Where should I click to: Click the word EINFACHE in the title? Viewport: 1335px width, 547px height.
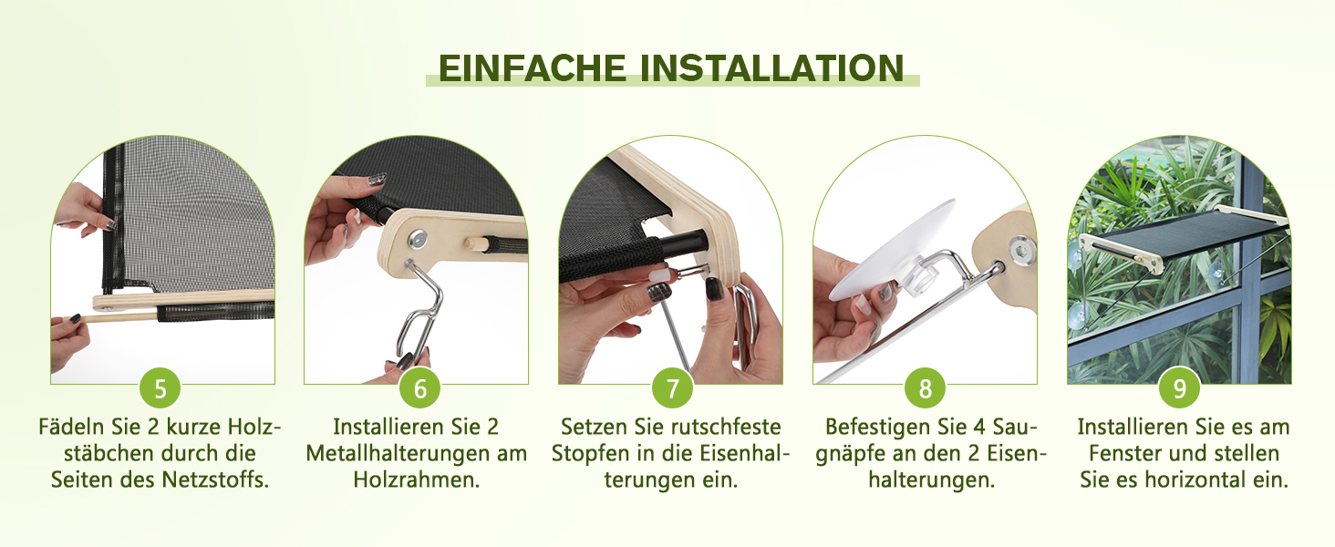point(533,68)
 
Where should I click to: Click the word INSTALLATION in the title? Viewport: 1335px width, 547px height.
point(772,68)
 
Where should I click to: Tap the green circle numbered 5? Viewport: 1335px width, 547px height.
point(160,388)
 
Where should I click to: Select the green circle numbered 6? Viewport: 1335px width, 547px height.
point(419,388)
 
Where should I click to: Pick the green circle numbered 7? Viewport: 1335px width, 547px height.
point(672,388)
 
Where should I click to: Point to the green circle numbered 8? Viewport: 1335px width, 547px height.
point(925,388)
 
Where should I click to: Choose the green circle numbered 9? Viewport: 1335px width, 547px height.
point(1179,388)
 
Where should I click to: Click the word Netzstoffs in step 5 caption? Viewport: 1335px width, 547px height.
point(215,480)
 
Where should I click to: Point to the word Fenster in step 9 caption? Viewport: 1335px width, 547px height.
point(1125,453)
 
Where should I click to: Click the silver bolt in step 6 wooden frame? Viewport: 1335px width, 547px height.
point(417,240)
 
